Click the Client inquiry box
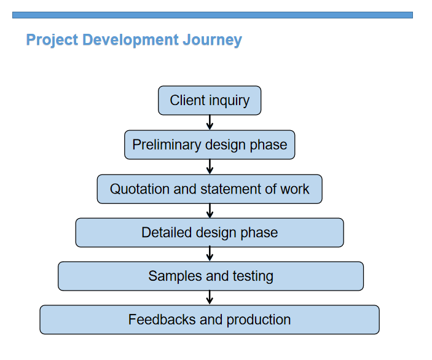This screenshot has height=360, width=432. tap(210, 100)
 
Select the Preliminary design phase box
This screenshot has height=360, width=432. tap(210, 144)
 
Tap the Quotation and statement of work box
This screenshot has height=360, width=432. tap(210, 189)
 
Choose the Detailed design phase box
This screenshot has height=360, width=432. tap(210, 232)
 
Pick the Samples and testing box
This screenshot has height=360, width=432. tap(211, 276)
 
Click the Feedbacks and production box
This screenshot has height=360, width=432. tap(210, 319)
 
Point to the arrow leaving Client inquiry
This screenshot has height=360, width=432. tap(210, 122)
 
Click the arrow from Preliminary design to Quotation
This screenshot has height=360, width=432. tap(210, 166)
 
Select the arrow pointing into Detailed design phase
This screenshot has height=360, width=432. tap(210, 211)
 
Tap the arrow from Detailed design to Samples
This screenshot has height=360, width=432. tap(210, 254)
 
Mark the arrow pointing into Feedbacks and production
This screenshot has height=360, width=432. tap(210, 297)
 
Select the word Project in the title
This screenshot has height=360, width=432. tap(52, 40)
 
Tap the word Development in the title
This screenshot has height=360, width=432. tap(130, 40)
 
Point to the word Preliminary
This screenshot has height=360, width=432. tap(167, 145)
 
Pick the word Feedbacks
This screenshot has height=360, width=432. tap(162, 319)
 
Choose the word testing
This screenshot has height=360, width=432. tap(253, 276)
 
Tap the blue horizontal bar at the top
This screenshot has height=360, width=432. tap(213, 15)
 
